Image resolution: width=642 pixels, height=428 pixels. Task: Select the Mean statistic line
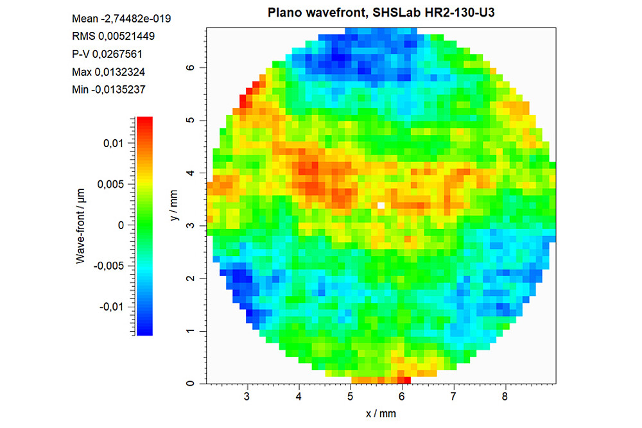121,19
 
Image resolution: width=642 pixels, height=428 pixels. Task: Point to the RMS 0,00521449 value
114,36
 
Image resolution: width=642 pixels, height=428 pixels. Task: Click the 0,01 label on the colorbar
113,144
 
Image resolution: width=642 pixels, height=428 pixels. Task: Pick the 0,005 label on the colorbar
110,185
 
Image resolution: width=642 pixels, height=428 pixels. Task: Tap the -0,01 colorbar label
111,307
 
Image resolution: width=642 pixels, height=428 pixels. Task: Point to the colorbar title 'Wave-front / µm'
81,225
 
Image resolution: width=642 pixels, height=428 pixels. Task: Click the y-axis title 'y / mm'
174,208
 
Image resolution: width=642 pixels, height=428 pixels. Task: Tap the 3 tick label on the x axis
247,397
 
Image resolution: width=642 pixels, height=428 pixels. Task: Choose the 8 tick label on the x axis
505,397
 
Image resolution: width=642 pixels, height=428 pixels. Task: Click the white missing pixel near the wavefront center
381,205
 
